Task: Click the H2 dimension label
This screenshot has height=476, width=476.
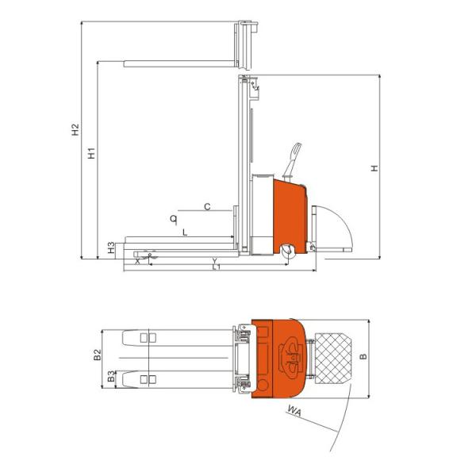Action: click(75, 129)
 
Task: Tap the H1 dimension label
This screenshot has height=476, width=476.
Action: click(91, 153)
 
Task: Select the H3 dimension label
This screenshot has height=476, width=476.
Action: click(111, 248)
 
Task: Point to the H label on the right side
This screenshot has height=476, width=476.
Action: click(375, 168)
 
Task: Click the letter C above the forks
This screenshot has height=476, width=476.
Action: click(207, 207)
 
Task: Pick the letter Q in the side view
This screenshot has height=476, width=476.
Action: click(173, 219)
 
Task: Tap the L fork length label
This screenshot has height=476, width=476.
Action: click(185, 232)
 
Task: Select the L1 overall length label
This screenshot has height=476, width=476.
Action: click(216, 267)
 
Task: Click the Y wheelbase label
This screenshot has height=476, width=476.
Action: click(215, 261)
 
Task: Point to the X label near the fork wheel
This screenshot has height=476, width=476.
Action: click(137, 261)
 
